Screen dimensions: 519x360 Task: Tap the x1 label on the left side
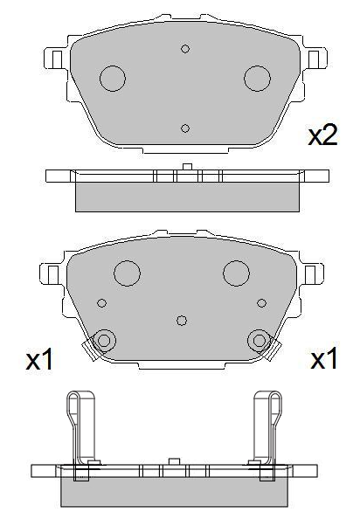coord(40,360)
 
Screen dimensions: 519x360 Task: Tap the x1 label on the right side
coord(324,360)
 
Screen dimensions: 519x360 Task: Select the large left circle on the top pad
coord(114,79)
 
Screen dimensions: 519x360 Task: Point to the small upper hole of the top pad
coord(185,49)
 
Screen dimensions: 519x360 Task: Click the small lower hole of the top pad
coord(185,128)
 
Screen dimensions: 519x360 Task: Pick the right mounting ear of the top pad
coord(313,59)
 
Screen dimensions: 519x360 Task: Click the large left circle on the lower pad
coord(128,273)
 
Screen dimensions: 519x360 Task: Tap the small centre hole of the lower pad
coord(182,320)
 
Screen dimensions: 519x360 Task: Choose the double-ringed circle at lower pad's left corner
coord(104,340)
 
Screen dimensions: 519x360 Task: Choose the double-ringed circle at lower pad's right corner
coord(259,340)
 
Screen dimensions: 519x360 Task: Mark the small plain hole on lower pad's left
coord(102,303)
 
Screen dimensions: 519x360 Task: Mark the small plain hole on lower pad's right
coord(261,303)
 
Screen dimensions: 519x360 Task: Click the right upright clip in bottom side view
coord(267,428)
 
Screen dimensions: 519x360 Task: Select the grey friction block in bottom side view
coord(175,492)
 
